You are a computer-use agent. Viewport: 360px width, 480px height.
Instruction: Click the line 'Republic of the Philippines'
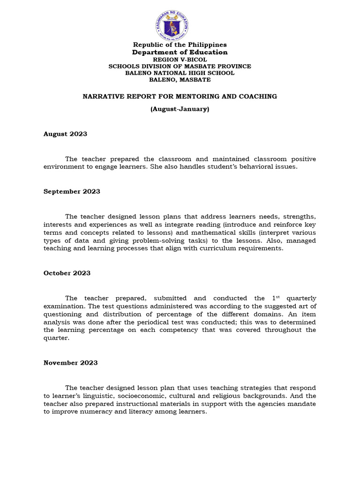pyautogui.click(x=180, y=45)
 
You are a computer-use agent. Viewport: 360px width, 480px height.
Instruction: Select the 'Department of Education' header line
pyautogui.click(x=180, y=52)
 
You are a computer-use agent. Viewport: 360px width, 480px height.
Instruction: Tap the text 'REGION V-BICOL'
pyautogui.click(x=180, y=60)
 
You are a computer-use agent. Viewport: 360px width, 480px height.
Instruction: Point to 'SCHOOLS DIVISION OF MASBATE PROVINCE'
pyautogui.click(x=180, y=66)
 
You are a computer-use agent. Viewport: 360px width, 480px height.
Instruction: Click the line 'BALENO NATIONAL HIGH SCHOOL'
pyautogui.click(x=180, y=73)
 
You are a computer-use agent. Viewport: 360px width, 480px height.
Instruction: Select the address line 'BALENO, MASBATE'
pyautogui.click(x=180, y=79)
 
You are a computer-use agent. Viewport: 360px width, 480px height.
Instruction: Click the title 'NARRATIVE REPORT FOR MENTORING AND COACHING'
pyautogui.click(x=180, y=96)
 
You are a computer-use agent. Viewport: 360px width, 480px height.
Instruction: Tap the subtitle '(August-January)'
pyautogui.click(x=180, y=109)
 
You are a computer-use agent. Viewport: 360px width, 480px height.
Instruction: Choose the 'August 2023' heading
pyautogui.click(x=65, y=134)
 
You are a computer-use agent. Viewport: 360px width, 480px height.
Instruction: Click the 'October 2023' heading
pyautogui.click(x=67, y=273)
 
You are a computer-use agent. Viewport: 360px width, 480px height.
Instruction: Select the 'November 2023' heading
pyautogui.click(x=70, y=362)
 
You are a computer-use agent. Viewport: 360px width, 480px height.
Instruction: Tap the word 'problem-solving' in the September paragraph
pyautogui.click(x=158, y=240)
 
